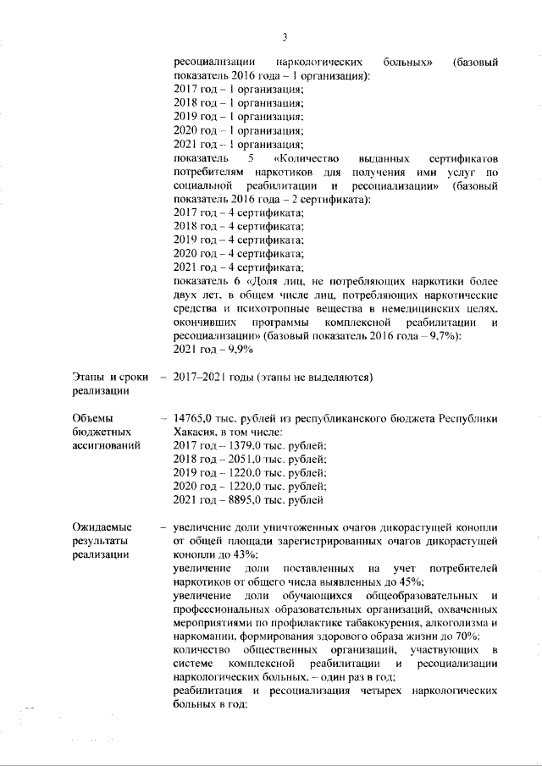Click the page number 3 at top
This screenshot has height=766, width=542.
[x=285, y=36]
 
